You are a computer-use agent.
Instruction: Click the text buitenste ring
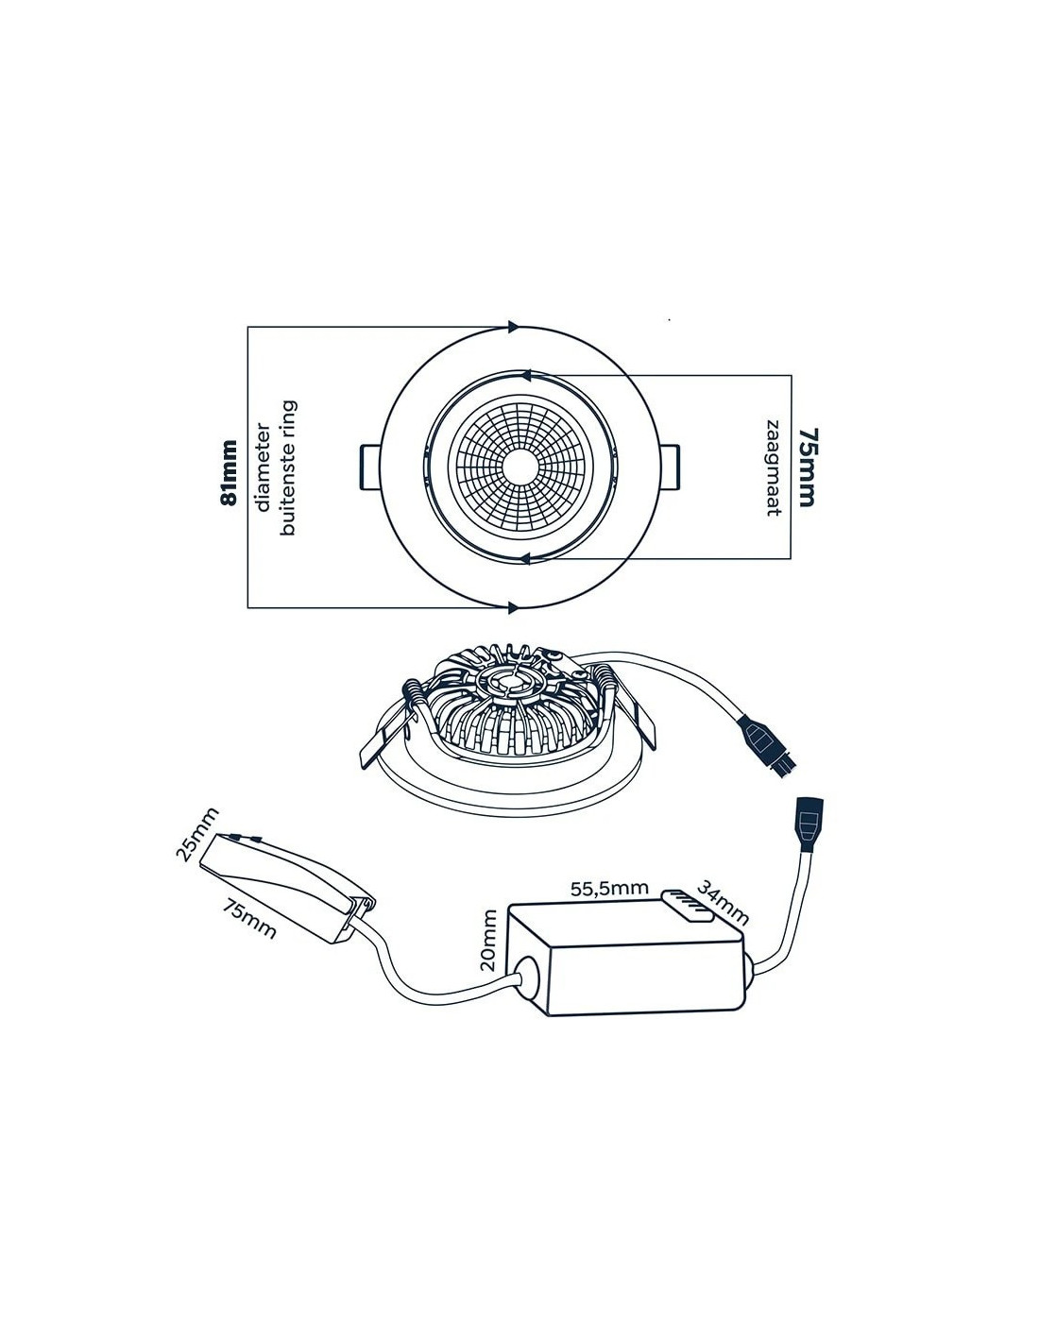click(x=289, y=468)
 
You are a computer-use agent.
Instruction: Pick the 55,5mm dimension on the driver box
click(x=609, y=888)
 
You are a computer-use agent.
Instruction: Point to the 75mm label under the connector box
click(x=250, y=916)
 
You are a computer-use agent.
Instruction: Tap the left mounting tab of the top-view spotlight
click(x=369, y=467)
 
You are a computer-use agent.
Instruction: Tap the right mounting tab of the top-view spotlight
click(x=667, y=467)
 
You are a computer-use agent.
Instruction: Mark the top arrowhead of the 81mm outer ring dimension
click(x=513, y=327)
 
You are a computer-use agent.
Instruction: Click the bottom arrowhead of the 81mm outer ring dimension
click(x=513, y=606)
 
